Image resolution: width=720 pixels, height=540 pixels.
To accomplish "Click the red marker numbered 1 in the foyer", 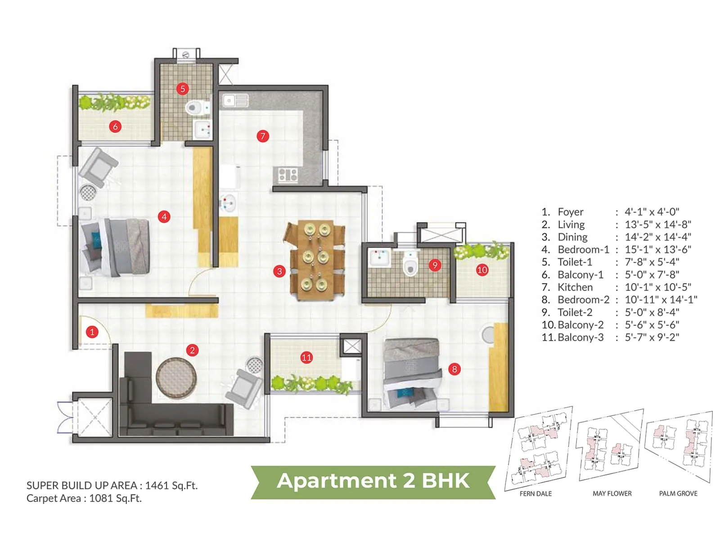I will tap(92, 332).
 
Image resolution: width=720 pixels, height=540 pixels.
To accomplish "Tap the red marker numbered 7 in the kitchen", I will tap(263, 136).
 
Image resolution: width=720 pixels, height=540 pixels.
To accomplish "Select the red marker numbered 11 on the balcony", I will tap(306, 358).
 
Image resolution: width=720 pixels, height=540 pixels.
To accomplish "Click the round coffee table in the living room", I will tap(176, 378).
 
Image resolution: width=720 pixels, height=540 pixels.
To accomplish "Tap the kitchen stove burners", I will tap(288, 175).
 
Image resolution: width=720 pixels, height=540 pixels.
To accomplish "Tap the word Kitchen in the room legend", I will tap(575, 287).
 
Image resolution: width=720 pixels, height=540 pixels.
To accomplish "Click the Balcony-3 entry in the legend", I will tap(580, 337).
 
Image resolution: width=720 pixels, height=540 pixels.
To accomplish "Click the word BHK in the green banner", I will tap(445, 481).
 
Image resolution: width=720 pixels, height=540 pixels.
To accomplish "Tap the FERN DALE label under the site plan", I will tap(535, 494).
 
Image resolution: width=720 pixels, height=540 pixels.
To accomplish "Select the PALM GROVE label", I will tap(678, 494).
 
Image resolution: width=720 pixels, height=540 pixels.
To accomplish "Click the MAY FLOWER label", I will tap(612, 494).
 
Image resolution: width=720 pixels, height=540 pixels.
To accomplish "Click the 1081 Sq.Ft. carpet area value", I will tap(116, 498).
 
